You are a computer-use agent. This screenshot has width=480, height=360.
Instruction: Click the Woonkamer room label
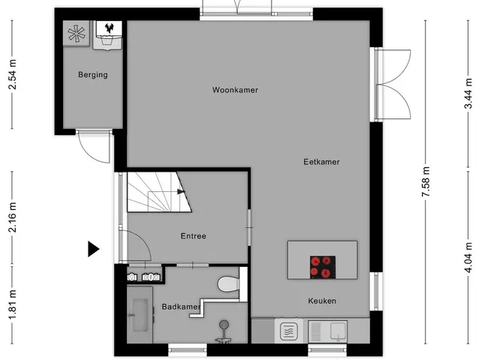pos(235,90)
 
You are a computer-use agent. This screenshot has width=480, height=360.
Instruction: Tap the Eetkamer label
pos(322,162)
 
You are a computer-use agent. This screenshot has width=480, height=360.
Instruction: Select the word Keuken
pos(322,301)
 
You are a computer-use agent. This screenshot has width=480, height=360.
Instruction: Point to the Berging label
pos(93,75)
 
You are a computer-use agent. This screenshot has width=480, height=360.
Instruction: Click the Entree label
pos(193,236)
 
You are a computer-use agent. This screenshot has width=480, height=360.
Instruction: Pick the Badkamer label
pos(181,307)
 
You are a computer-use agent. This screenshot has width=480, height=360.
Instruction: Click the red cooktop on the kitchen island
pos(322,267)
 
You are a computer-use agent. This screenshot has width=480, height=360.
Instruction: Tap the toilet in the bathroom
pos(228,284)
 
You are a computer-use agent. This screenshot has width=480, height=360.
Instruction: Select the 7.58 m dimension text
pos(426,181)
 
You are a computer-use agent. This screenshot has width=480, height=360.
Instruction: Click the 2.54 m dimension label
pos(13,74)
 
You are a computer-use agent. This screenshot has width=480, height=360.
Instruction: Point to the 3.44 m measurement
pos(468,94)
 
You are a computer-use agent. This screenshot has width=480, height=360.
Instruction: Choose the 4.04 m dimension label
pos(468,257)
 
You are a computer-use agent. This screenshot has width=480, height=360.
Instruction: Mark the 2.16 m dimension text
pos(13,217)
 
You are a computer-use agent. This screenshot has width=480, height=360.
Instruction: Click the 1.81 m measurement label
pos(13,304)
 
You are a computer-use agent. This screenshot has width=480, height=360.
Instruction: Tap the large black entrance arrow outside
pos(93,248)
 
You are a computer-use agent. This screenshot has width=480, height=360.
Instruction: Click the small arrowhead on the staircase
pos(181,192)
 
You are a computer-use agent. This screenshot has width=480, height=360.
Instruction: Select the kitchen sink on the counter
pos(327,331)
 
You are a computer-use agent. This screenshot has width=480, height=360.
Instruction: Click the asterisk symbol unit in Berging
pos(76,34)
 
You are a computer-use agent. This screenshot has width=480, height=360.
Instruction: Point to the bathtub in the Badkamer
pos(140,315)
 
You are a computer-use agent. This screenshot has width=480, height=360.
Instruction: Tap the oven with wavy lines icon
pos(289,331)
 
